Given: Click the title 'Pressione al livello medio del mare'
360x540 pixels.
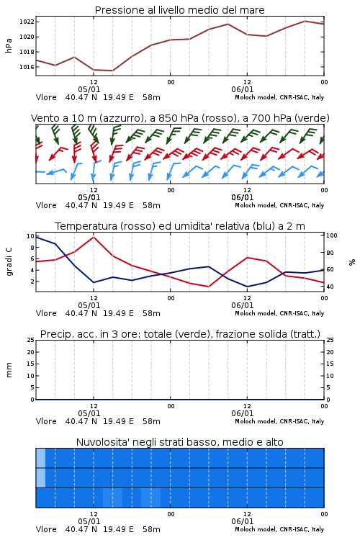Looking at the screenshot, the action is tap(179, 10).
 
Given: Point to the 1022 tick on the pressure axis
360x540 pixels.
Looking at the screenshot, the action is tap(27, 22).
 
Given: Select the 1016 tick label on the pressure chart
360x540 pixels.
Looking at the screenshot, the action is tap(27, 67).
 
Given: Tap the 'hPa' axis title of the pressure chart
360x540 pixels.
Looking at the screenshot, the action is tap(9, 45).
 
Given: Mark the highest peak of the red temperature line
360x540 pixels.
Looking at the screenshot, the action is tap(94, 237).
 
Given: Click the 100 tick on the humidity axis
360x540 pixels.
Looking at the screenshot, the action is tap(331, 235).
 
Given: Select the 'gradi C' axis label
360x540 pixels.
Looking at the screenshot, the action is tap(9, 261).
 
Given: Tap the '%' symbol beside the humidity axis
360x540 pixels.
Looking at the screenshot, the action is tap(352, 262).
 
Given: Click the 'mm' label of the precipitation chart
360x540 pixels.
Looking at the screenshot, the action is tap(9, 370).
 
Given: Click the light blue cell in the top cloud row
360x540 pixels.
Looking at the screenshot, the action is tap(40, 458).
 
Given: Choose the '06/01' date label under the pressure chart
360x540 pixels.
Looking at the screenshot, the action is tap(242, 89).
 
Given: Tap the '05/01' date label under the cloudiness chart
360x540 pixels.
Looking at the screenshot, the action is tap(89, 521).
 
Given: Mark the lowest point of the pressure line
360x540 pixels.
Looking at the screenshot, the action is tap(112, 71).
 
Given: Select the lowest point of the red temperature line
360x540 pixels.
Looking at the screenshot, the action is tap(208, 287).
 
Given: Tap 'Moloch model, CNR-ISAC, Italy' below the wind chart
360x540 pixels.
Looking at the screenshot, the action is tap(279, 205).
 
